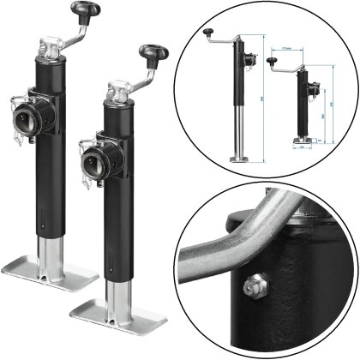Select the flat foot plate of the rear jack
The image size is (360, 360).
point(69,276)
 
